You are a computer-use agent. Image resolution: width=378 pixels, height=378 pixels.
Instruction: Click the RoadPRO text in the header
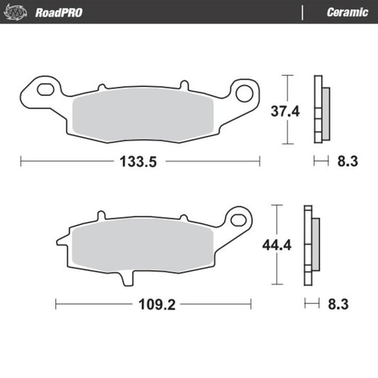click(x=56, y=13)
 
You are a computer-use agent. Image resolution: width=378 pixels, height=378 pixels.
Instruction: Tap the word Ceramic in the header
click(x=347, y=13)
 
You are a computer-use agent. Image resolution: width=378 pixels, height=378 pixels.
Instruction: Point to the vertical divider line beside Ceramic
click(x=303, y=13)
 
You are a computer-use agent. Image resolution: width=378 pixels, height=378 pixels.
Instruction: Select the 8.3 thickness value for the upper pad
click(x=347, y=162)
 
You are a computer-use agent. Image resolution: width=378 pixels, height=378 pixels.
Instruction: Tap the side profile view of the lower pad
click(x=311, y=245)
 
